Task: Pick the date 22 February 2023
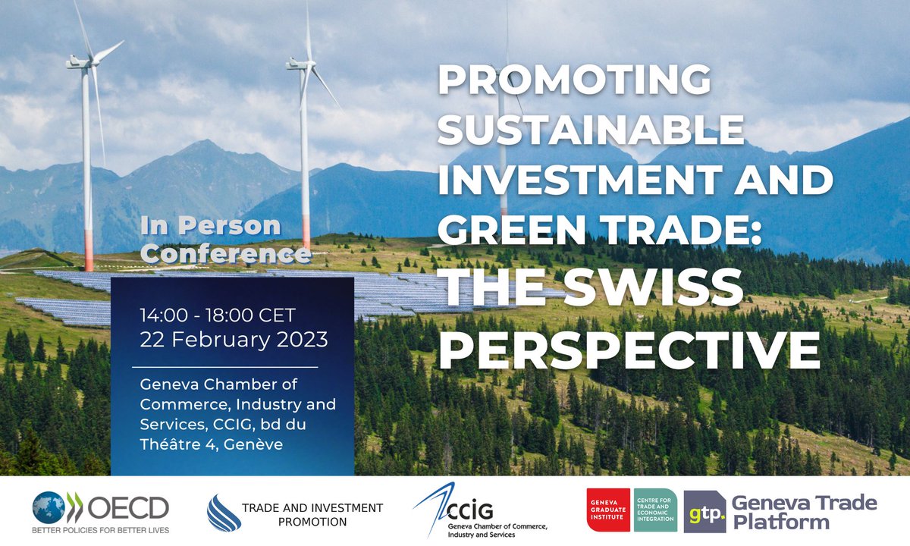(234, 339)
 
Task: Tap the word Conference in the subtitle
(226, 253)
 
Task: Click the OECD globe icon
(48, 507)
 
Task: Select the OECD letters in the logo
(126, 505)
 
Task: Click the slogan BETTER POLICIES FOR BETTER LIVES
(101, 529)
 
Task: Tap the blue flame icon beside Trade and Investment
(223, 513)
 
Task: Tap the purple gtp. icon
(704, 511)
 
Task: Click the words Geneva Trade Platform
(803, 512)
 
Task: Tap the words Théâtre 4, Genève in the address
(211, 444)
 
